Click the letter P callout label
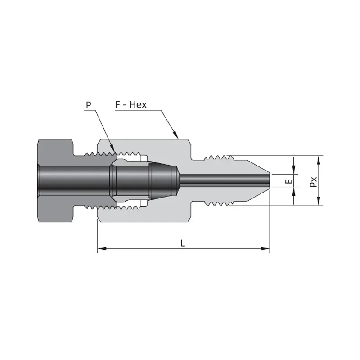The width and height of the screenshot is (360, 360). click(89, 105)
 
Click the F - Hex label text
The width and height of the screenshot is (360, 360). click(131, 105)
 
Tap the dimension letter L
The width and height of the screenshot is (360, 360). click(183, 243)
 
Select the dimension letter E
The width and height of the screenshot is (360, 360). click(290, 181)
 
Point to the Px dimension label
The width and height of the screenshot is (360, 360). click(313, 182)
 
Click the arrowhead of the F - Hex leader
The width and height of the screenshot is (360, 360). click(175, 135)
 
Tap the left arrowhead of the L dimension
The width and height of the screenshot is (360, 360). click(102, 249)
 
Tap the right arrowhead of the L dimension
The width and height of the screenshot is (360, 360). click(265, 249)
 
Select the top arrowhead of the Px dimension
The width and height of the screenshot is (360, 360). click(318, 160)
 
